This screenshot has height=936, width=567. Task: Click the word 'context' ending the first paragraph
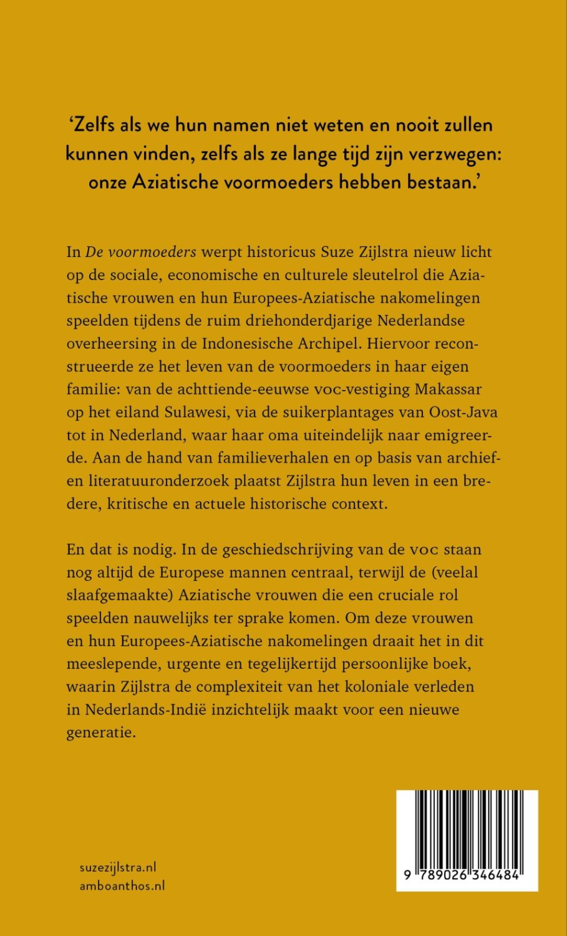(x=356, y=504)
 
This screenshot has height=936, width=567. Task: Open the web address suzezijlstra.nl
(x=118, y=867)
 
